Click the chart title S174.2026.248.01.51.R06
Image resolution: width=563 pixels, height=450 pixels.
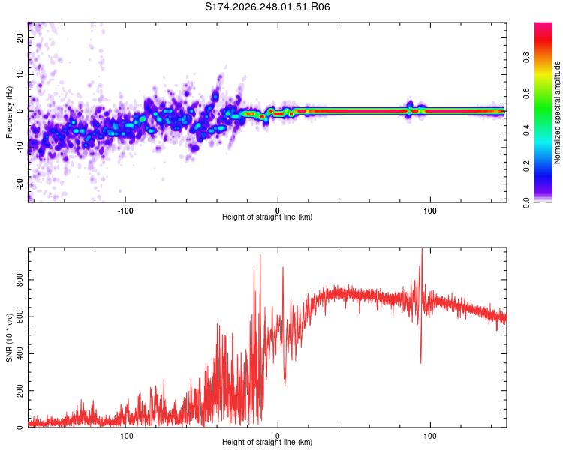coord(267,7)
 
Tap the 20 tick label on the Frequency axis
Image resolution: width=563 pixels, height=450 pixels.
coord(20,38)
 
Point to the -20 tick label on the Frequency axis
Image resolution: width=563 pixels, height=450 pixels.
coord(20,184)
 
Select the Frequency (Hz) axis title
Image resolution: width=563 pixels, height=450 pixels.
coord(9,112)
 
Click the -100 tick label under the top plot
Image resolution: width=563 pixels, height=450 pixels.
coord(125,211)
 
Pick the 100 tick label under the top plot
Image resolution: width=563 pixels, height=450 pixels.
coord(430,211)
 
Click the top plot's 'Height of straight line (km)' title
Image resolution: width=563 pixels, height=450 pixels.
coord(267,217)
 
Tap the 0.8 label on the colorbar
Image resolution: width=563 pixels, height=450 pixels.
coord(526,58)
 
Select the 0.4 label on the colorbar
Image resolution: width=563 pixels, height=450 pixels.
coord(526,130)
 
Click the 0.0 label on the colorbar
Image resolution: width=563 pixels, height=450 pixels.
coord(526,202)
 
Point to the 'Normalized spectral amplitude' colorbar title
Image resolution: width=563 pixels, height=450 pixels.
coord(557,112)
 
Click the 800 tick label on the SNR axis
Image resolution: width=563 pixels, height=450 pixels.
coord(20,280)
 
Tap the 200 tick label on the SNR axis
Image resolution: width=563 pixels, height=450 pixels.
coord(20,391)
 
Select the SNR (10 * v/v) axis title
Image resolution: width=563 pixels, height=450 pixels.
coord(9,337)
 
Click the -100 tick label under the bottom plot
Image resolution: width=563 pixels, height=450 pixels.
coord(125,436)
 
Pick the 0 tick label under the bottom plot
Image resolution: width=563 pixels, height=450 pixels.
coord(278,436)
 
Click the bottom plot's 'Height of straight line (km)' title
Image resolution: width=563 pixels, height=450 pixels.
coord(267,442)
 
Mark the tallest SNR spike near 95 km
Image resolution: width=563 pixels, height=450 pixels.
coord(422,248)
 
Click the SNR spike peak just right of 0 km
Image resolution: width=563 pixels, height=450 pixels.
coord(283,267)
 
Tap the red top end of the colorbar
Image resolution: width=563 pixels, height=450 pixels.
coord(543,24)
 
